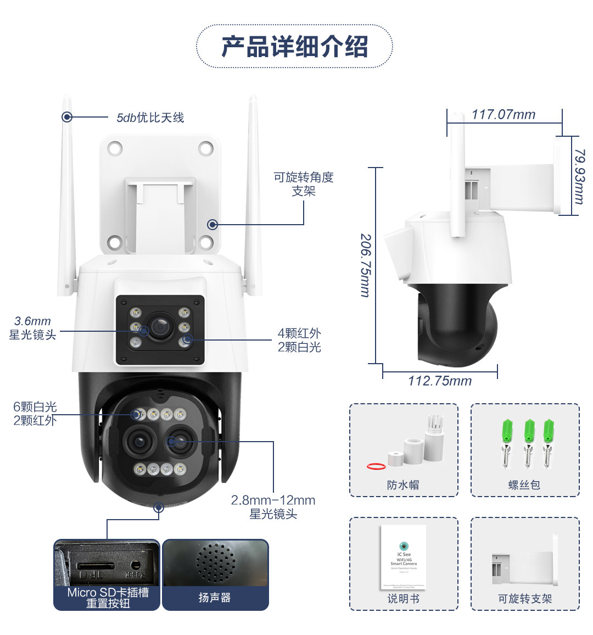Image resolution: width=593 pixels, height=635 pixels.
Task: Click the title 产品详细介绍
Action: pyautogui.click(x=294, y=47)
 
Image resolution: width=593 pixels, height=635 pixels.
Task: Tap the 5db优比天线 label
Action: pyautogui.click(x=150, y=118)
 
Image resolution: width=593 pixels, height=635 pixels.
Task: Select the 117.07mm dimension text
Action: pyautogui.click(x=503, y=115)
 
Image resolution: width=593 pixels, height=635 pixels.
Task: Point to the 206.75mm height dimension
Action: pyautogui.click(x=365, y=265)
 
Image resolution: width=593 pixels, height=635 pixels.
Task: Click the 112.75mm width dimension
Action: pyautogui.click(x=439, y=381)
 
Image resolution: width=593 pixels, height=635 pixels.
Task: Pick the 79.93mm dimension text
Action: pyautogui.click(x=579, y=176)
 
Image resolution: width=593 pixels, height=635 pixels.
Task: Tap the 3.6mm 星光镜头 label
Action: pyautogui.click(x=32, y=328)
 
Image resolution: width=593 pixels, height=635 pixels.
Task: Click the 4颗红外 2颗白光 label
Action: pyautogui.click(x=299, y=340)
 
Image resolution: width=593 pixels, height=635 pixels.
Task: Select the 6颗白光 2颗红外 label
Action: pyautogui.click(x=35, y=414)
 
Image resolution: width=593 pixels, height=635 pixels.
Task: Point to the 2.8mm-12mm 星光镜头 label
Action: pyautogui.click(x=273, y=507)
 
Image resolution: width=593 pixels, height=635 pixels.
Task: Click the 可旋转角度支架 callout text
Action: pyautogui.click(x=304, y=184)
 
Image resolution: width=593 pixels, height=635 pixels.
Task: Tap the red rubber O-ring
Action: pyautogui.click(x=376, y=466)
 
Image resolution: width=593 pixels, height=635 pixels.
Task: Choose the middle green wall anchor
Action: pyautogui.click(x=529, y=431)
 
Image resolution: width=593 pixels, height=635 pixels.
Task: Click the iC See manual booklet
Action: pyautogui.click(x=404, y=557)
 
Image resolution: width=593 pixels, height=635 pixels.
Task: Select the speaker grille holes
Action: pyautogui.click(x=215, y=562)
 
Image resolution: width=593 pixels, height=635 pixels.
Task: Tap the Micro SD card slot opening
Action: pyautogui.click(x=95, y=565)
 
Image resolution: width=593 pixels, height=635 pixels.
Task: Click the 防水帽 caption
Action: pyautogui.click(x=403, y=485)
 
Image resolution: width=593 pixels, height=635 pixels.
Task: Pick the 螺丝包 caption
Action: pyautogui.click(x=524, y=485)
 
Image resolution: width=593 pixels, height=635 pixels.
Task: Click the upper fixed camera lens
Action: pyautogui.click(x=160, y=327)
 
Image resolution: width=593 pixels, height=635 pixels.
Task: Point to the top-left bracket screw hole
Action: pyautogui.click(x=115, y=148)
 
